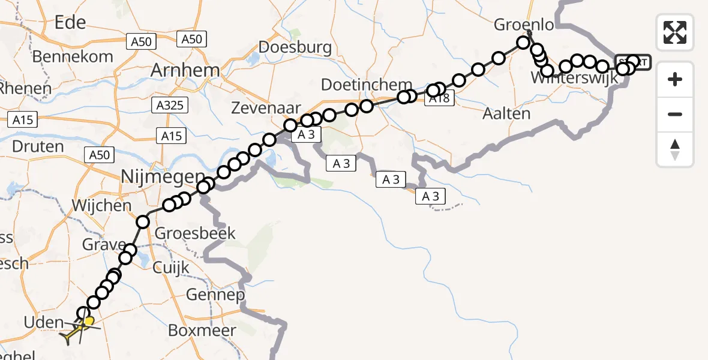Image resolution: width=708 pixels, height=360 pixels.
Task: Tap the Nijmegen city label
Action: tap(154, 177)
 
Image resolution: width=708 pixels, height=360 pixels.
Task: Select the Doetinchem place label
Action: tap(367, 85)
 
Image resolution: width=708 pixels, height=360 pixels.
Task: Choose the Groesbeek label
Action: tap(195, 233)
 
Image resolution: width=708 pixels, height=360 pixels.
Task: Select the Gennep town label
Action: tap(215, 295)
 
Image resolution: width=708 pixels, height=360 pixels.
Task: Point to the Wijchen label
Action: tap(101, 205)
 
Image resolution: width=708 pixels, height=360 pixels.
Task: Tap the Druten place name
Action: tap(37, 146)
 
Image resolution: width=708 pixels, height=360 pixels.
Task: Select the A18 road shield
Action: tap(440, 99)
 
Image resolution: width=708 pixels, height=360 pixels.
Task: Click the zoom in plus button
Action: tap(675, 79)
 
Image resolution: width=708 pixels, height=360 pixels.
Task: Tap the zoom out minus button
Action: tap(675, 114)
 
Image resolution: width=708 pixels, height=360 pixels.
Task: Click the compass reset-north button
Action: tap(675, 149)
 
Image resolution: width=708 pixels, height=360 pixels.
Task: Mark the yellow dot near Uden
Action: tap(89, 322)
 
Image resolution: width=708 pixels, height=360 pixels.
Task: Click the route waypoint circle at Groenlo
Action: tap(524, 43)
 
